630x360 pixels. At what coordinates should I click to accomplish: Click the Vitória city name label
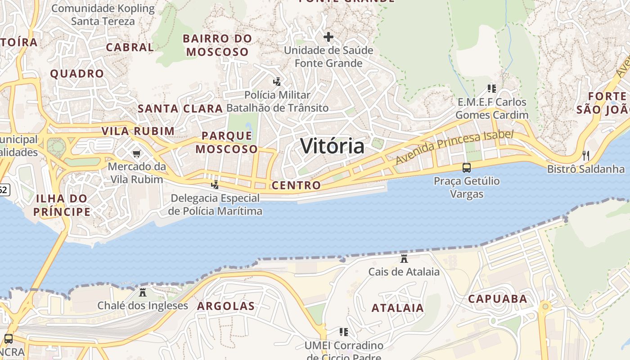[332, 146]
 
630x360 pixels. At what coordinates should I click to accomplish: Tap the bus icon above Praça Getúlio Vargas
[467, 168]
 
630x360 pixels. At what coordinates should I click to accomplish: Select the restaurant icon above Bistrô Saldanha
[585, 156]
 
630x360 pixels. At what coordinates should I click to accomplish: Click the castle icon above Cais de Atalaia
[404, 258]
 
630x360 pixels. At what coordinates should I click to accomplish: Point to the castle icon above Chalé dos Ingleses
[143, 292]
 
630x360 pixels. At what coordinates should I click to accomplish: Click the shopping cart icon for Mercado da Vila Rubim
[137, 153]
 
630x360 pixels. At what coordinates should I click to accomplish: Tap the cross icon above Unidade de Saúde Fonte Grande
[328, 36]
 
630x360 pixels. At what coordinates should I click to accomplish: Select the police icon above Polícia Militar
[277, 81]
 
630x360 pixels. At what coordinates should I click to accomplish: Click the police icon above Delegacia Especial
[215, 184]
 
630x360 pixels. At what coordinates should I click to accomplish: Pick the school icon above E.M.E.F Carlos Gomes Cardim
[491, 88]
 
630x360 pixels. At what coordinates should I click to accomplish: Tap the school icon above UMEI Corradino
[344, 332]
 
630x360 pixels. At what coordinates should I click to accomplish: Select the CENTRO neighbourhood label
[296, 185]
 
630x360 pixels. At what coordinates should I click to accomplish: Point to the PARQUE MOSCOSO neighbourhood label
[227, 142]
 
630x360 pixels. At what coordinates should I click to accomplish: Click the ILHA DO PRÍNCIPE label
[63, 205]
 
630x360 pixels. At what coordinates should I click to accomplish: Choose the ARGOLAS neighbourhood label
[226, 306]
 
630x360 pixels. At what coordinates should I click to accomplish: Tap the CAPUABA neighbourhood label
[497, 299]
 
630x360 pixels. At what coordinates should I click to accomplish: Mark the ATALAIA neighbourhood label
[397, 308]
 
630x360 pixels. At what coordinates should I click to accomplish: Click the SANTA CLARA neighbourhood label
[180, 108]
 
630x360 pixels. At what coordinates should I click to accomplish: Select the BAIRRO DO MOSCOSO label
[217, 45]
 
